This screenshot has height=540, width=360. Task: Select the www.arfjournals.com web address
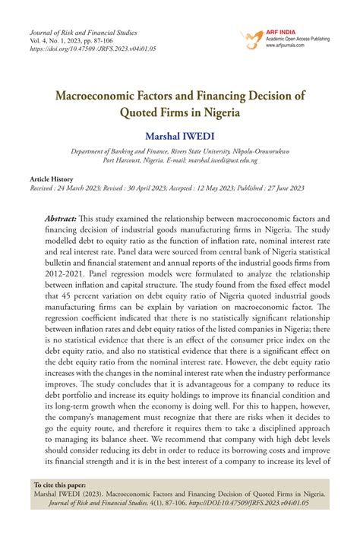click(x=285, y=46)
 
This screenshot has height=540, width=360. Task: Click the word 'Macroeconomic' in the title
click(x=106, y=96)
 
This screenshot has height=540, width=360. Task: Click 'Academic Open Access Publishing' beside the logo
click(x=303, y=38)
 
